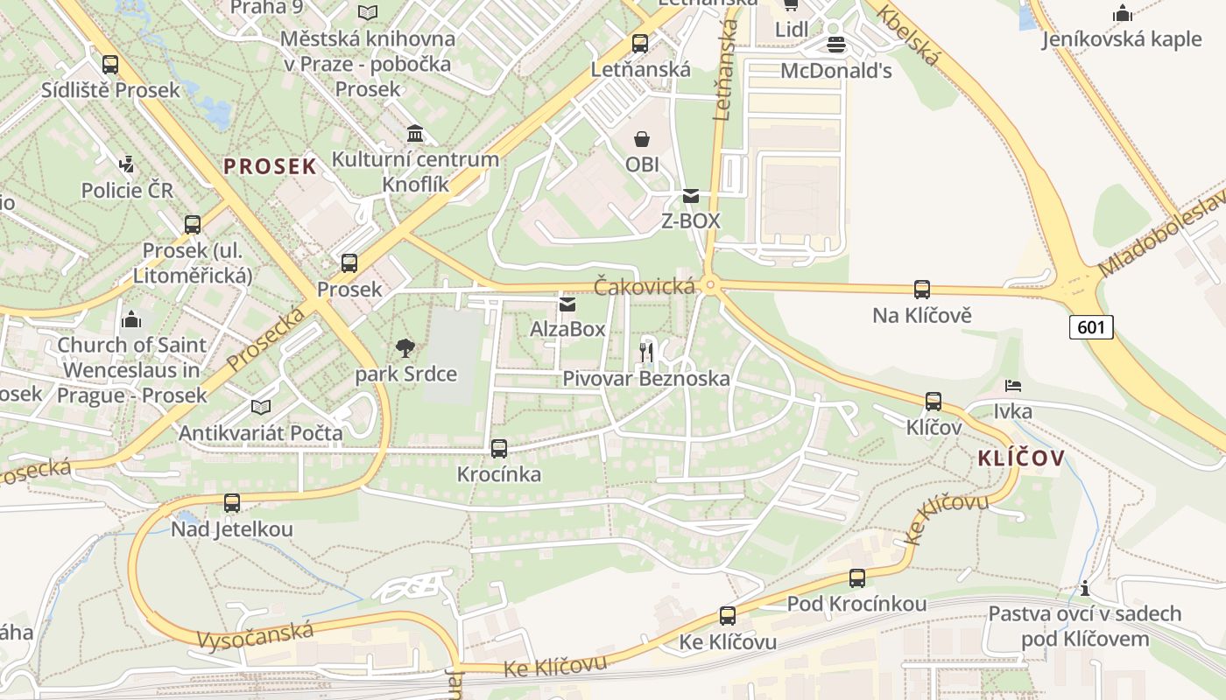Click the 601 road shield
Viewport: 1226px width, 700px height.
pyautogui.click(x=1090, y=327)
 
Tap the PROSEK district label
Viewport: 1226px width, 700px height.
pyautogui.click(x=270, y=166)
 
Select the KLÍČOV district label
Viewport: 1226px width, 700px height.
pyautogui.click(x=1021, y=458)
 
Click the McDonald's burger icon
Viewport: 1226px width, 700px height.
pyautogui.click(x=836, y=45)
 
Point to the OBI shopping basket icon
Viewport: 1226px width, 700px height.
pyautogui.click(x=642, y=139)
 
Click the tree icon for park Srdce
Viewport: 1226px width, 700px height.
pyautogui.click(x=405, y=348)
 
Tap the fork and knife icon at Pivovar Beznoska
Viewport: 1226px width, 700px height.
pyautogui.click(x=646, y=352)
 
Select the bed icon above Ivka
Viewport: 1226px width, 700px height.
pyautogui.click(x=1013, y=385)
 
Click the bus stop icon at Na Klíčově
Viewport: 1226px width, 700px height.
pyautogui.click(x=921, y=290)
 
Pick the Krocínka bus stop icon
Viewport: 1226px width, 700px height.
pyautogui.click(x=499, y=449)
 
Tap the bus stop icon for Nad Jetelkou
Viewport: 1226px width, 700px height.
pyautogui.click(x=232, y=503)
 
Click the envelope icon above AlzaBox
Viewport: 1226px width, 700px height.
pyautogui.click(x=567, y=304)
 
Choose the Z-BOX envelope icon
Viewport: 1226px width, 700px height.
pyautogui.click(x=691, y=196)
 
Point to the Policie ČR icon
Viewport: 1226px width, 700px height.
pyautogui.click(x=127, y=164)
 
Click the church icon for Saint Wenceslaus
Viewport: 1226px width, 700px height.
pyautogui.click(x=132, y=319)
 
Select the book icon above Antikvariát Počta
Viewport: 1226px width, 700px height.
pyautogui.click(x=261, y=407)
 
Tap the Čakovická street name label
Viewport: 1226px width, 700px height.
pyautogui.click(x=645, y=286)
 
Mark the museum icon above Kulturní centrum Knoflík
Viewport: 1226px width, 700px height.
pyautogui.click(x=415, y=134)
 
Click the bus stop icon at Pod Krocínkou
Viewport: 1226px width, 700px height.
pyautogui.click(x=856, y=578)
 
